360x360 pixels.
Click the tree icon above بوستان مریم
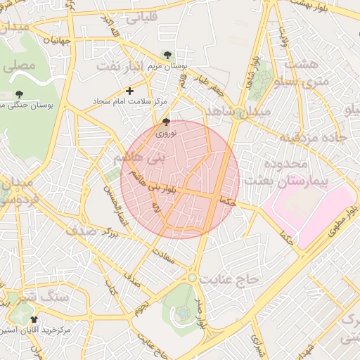click(x=167, y=55)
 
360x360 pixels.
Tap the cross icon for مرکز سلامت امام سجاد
click(x=129, y=91)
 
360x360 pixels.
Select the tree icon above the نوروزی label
click(x=166, y=122)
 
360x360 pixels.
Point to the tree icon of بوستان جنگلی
click(x=19, y=94)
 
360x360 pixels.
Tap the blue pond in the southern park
click(x=183, y=311)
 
